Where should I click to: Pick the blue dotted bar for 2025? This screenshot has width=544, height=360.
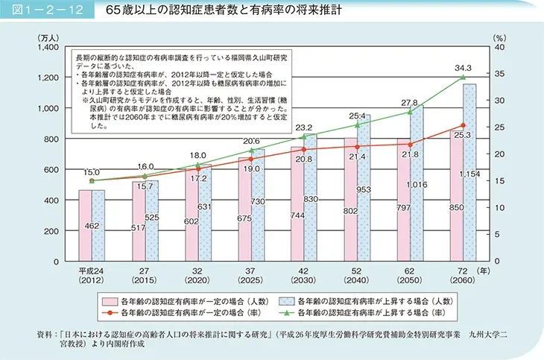(257, 205)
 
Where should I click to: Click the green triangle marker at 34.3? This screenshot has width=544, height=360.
(463, 78)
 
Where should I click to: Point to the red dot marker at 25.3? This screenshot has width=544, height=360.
(463, 125)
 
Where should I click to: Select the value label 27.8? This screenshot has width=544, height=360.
(409, 102)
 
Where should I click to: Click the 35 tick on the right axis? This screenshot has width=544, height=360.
(499, 74)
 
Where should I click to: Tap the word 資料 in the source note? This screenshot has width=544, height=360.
(34, 333)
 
